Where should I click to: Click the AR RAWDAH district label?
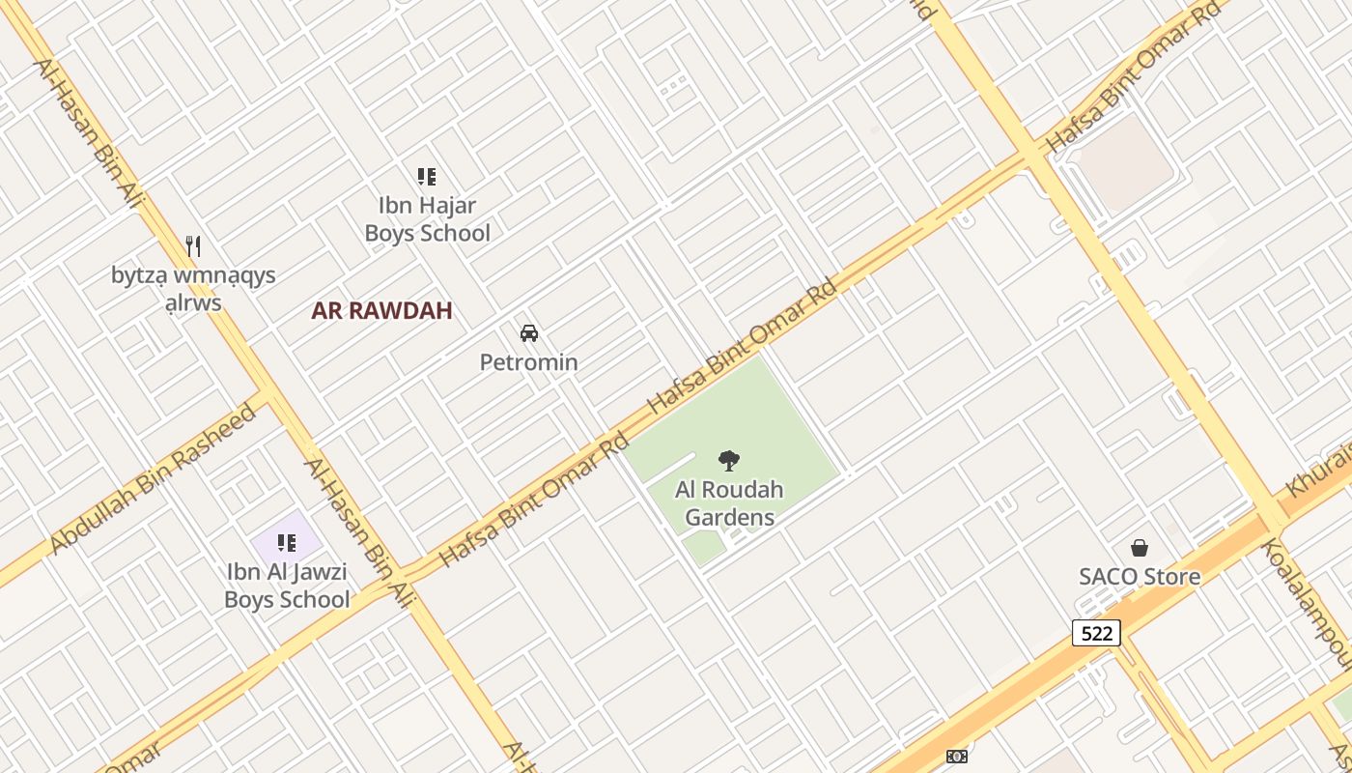tap(381, 311)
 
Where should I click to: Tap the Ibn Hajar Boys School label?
tap(427, 219)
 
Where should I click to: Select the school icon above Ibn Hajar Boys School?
tap(427, 177)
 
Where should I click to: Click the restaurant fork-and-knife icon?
tap(193, 246)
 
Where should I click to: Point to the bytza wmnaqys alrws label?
tap(193, 289)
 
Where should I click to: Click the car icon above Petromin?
tap(528, 333)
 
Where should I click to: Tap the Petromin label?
tap(528, 362)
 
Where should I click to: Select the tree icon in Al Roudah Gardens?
tap(729, 461)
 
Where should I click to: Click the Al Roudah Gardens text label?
tap(729, 503)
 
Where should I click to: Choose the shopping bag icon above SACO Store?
tap(1140, 548)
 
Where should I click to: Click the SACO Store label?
tap(1140, 577)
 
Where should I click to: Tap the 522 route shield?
tap(1096, 633)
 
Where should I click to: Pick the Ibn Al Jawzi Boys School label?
tap(286, 586)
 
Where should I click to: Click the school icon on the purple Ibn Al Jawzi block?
tap(286, 543)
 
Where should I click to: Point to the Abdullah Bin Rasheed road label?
tap(153, 479)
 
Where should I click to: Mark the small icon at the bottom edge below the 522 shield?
tap(957, 757)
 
